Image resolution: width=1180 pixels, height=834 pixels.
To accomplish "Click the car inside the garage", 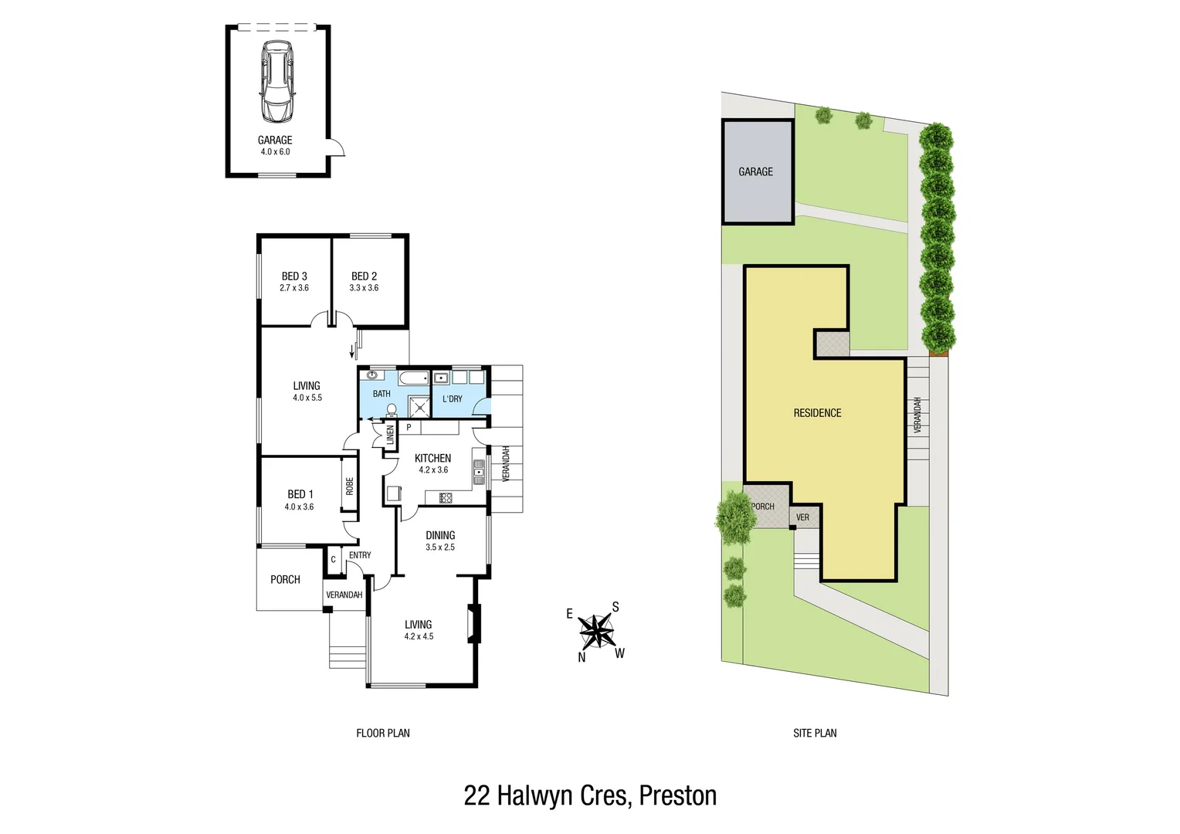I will point(276,81).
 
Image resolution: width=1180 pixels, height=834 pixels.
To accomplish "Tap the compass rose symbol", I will point(595,632).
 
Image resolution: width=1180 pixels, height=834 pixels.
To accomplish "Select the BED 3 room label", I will point(294,276).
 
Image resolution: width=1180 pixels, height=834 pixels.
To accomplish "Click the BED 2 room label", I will point(364,276).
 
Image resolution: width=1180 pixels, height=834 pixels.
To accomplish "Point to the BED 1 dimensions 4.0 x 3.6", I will point(299,507).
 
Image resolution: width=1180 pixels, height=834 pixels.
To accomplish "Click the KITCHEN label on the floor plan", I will point(432,458).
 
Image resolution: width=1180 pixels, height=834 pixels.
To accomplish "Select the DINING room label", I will point(440,535).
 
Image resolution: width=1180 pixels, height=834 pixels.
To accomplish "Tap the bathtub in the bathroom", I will point(413,378).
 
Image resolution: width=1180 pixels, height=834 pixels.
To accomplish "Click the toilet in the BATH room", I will point(392,409).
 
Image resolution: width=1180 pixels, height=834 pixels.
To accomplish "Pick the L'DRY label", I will point(453,399).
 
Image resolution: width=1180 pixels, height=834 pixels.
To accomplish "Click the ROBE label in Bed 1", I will point(350,486).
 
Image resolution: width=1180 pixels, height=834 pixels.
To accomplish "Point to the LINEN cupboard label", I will point(390,435).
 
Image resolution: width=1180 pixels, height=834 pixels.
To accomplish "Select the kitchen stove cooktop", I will point(446,498).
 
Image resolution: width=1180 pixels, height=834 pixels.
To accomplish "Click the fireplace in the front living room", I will point(473,624).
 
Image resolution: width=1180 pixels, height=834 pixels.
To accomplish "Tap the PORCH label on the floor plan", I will point(285,580).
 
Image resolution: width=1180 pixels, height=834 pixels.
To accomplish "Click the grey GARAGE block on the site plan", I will point(756,172).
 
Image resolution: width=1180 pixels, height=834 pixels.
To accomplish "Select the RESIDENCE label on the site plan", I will point(817,413).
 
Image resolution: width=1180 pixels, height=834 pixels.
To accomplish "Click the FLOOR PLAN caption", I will point(383,733).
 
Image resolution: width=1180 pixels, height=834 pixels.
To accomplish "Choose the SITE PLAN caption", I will point(815,733).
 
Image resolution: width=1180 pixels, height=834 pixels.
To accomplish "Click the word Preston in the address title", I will point(677,795).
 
